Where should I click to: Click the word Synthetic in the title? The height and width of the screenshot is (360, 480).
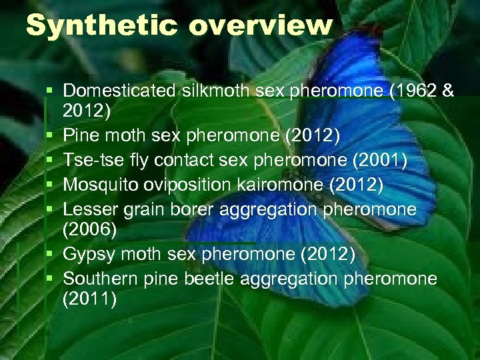[x=102, y=26]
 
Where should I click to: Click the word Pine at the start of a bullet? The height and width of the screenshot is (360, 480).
[x=79, y=137]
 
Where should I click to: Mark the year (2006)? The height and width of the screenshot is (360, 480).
[x=89, y=231]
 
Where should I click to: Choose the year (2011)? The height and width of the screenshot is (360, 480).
[x=89, y=301]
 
